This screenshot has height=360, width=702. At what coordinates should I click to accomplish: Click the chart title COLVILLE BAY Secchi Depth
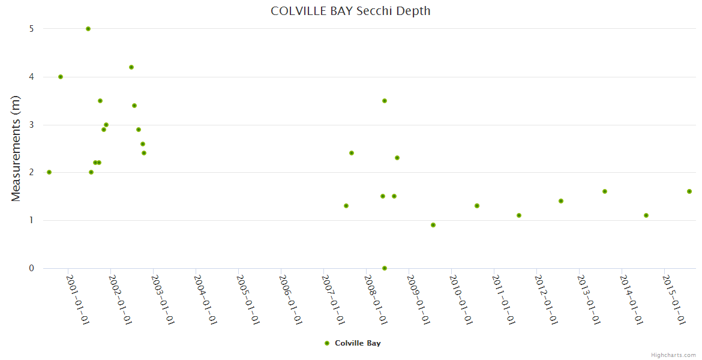point(350,11)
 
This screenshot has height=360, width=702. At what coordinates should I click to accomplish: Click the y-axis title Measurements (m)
point(16,148)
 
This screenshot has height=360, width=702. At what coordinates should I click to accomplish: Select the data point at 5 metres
point(88,29)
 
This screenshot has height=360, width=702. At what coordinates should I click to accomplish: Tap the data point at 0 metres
point(385,268)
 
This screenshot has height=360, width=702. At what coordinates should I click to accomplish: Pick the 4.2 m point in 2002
point(131,67)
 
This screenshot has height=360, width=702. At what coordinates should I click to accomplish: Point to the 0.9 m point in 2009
point(433,225)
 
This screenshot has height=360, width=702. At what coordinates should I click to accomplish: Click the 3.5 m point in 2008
point(385,101)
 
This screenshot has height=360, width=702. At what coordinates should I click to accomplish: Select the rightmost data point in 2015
point(689,191)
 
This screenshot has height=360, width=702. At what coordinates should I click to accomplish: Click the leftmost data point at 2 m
point(49,172)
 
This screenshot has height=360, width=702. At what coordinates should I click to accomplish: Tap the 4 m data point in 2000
point(61,77)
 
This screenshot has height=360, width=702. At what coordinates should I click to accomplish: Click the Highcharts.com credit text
point(673,355)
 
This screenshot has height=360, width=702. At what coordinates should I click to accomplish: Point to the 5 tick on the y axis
point(31,29)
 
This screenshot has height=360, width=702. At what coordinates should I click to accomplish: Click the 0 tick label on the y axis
point(31,268)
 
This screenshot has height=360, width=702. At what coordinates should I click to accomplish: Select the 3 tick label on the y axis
point(31,125)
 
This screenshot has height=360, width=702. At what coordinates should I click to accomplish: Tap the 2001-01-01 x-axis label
point(77,300)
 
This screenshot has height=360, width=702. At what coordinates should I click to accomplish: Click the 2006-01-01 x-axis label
point(290,300)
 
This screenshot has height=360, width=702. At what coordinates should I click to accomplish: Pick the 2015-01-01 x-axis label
point(674,300)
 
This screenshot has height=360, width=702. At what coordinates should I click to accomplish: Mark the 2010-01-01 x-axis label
point(461,300)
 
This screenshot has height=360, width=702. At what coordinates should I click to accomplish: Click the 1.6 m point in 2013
point(605,191)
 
